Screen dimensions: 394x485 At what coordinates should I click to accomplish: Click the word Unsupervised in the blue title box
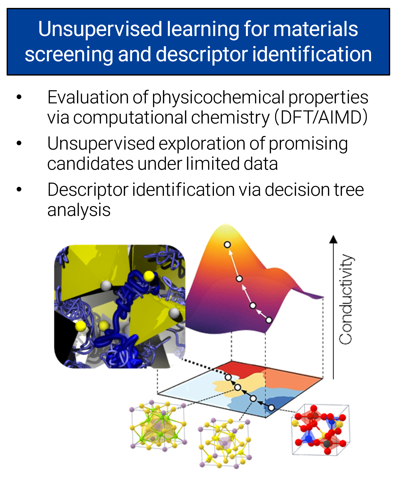pos(100,29)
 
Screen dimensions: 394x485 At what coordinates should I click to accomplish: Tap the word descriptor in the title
pos(201,54)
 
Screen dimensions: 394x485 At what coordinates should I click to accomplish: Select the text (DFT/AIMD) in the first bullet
pos(321,117)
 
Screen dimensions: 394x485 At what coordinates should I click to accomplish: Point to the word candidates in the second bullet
pos(90,164)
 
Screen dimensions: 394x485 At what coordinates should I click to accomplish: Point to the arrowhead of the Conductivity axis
pos(333,239)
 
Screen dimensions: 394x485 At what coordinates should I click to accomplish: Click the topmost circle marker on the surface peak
pos(227,245)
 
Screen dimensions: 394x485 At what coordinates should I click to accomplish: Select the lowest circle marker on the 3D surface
pos(269,320)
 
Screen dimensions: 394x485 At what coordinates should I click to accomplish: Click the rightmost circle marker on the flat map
pos(271,408)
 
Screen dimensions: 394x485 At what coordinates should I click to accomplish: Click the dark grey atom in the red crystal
pos(327,444)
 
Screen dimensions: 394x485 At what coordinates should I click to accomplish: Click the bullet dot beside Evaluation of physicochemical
pos(19,97)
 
